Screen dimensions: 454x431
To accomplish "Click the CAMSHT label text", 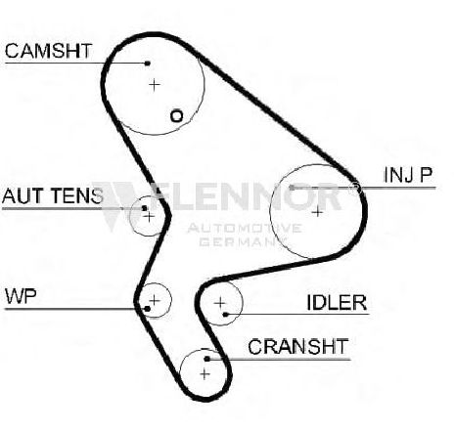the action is coord(48,51).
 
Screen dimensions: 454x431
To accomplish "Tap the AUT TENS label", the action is coord(53,195).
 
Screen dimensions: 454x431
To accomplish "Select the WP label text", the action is coord(21,296).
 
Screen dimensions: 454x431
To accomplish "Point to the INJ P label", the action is coord(408,175).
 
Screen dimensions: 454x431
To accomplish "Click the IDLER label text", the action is coord(337,302).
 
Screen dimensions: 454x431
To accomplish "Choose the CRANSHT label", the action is coord(298,346).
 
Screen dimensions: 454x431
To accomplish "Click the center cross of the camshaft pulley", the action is coord(155,85).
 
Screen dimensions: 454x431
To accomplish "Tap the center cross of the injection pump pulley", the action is coord(317,212).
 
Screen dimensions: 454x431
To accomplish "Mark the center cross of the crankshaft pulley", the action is coord(204,374).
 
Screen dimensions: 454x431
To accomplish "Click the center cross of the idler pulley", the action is coord(220,303).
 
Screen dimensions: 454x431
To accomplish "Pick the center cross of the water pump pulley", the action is coord(155,300).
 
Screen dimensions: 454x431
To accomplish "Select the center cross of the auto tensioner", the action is coord(149,216).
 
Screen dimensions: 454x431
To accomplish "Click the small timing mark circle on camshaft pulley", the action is coord(177,116).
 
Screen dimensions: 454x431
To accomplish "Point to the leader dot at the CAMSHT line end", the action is coord(148,64).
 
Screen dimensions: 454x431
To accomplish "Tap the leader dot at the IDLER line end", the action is coord(225,315).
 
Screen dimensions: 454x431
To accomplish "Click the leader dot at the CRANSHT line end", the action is coord(206,359).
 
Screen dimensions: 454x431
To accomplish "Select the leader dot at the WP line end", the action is coord(147,309).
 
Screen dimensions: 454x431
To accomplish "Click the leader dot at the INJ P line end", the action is coord(292,188).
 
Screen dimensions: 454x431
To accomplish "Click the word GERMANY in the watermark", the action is coord(242,241).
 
